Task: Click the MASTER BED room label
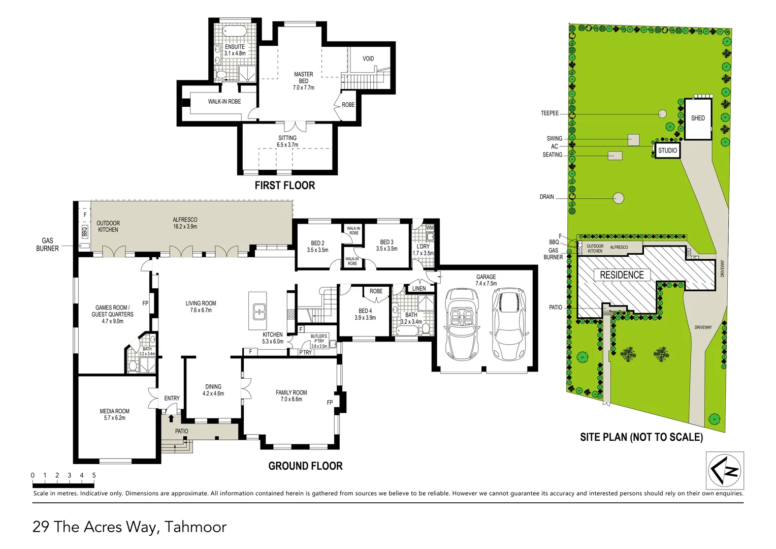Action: tap(304, 78)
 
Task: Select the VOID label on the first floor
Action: tap(368, 58)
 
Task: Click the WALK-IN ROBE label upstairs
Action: tap(224, 102)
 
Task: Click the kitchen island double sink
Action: tap(257, 311)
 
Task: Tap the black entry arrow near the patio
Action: tap(171, 418)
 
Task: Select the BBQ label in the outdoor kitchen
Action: tap(84, 231)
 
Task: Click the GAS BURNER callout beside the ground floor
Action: tap(47, 245)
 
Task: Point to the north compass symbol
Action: tap(725, 471)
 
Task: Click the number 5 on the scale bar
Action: tap(94, 475)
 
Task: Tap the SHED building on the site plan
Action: tap(698, 119)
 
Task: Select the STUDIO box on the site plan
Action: tap(667, 150)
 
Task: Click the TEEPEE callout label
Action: tap(550, 113)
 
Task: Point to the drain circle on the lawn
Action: tap(619, 198)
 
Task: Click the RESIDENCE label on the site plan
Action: tap(622, 275)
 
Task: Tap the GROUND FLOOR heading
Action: tap(305, 466)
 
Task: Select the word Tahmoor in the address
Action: tap(196, 527)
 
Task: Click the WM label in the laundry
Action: tap(430, 228)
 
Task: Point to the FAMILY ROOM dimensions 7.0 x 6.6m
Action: tap(292, 399)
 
